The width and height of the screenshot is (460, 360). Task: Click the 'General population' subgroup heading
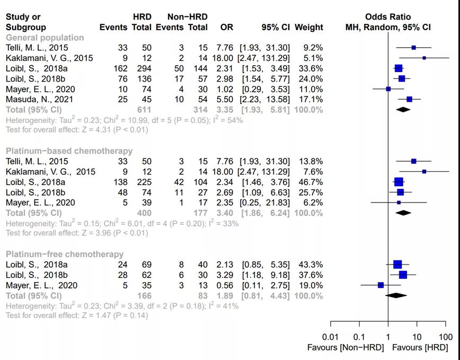coord(45,38)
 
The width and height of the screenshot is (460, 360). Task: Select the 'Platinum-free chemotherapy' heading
coord(65,254)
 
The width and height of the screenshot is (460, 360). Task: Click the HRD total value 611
coord(145,110)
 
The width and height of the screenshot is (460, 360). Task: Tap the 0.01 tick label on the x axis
coord(331,337)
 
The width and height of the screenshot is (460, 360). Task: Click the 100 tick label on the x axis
coord(446,337)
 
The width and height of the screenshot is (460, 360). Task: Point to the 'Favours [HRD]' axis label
coord(420,348)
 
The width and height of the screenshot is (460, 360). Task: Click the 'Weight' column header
coord(308,27)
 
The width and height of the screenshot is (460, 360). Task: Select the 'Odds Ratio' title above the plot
coord(388,17)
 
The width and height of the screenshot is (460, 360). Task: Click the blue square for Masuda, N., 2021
coord(409,99)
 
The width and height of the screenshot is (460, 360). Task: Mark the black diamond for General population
coord(403,110)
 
